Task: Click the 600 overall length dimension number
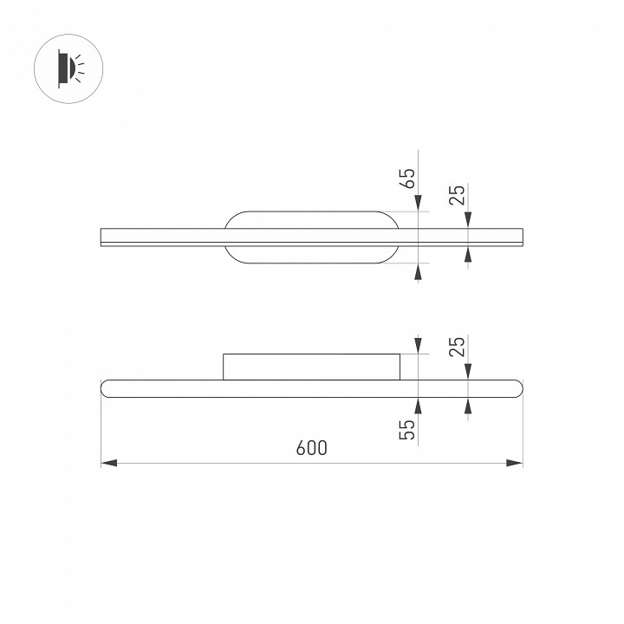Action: (x=311, y=448)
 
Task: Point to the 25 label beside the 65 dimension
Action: (x=458, y=195)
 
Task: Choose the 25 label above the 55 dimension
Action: (x=458, y=347)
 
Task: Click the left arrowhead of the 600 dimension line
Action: (x=109, y=464)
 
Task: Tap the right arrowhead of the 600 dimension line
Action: (x=515, y=464)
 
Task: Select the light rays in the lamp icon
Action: (x=79, y=66)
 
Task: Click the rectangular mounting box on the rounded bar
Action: (x=312, y=367)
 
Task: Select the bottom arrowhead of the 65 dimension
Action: (x=418, y=271)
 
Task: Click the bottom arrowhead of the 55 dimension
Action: (x=418, y=404)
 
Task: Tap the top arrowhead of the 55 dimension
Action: (x=418, y=346)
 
